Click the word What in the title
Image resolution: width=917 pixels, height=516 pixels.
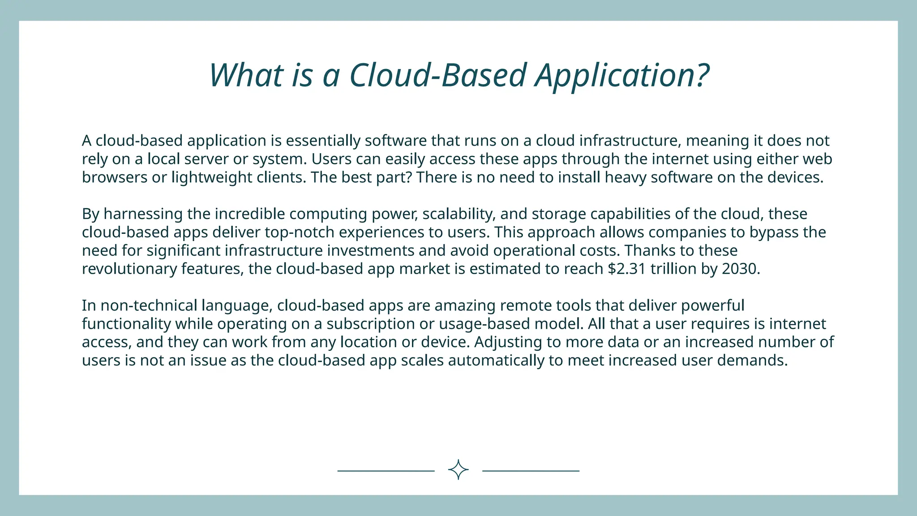coord(246,75)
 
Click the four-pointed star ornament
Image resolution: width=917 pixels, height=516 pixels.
coord(458,470)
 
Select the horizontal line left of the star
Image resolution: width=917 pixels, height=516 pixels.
coord(386,471)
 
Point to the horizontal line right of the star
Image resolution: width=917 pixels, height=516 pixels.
coord(531,471)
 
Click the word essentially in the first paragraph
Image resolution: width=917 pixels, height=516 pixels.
coord(323,141)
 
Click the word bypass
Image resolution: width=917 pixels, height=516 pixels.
coord(774,232)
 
